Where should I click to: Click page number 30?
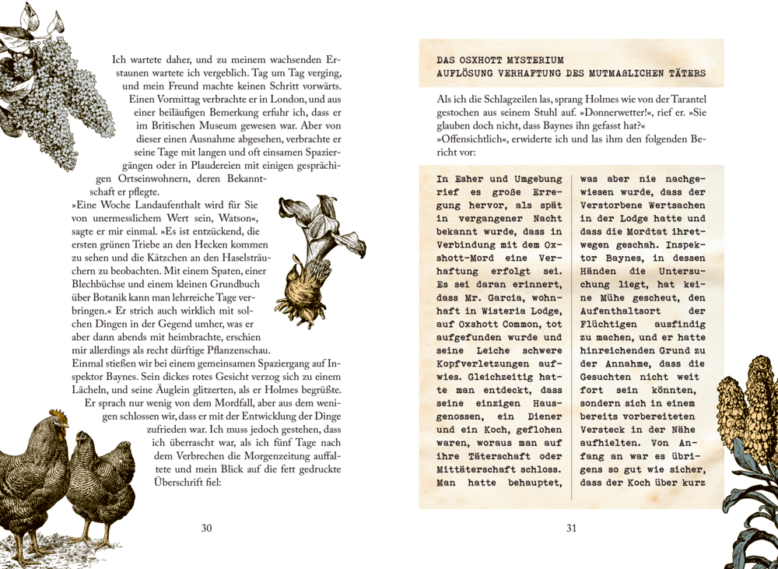(x=206, y=529)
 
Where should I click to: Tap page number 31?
(x=571, y=529)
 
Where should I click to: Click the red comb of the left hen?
(x=59, y=416)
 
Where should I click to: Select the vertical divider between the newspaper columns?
(x=572, y=335)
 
